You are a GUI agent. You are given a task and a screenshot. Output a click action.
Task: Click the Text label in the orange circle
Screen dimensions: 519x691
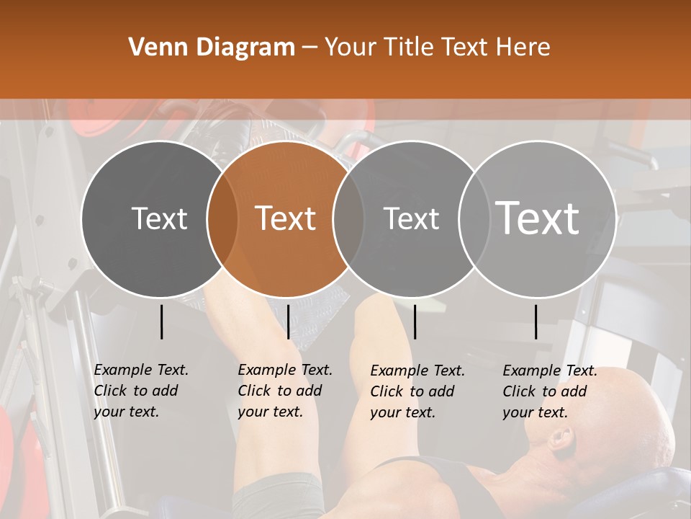(286, 218)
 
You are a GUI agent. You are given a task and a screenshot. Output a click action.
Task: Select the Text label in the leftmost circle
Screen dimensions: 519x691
(160, 218)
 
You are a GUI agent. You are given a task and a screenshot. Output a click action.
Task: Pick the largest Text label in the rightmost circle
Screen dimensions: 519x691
(538, 218)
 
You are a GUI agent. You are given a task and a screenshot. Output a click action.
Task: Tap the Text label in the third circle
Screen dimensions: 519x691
(411, 218)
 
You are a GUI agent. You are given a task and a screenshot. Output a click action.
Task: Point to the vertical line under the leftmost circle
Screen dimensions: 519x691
(161, 321)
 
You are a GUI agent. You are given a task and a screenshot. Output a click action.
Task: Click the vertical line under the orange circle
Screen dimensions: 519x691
(288, 321)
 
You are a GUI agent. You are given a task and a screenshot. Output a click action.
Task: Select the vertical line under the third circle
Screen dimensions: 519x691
(415, 321)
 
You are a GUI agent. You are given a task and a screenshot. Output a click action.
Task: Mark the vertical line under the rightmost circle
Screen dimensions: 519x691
(536, 321)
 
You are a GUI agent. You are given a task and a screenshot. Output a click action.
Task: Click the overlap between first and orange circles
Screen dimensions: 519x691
(222, 218)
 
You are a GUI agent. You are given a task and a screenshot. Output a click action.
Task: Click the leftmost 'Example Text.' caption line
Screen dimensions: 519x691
(141, 370)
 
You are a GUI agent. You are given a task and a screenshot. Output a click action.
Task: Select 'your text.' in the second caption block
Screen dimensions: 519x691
(271, 412)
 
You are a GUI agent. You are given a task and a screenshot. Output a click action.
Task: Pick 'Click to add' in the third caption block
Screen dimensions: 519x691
(412, 391)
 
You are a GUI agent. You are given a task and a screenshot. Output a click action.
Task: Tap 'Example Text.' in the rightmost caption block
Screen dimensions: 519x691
(550, 371)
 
